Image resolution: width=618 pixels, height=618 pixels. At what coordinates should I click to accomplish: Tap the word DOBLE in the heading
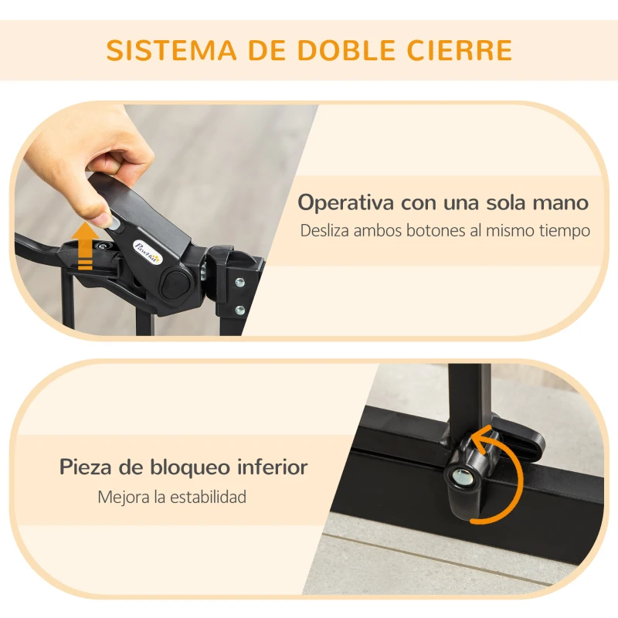[341, 50]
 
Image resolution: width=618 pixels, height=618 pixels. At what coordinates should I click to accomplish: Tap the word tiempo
[564, 230]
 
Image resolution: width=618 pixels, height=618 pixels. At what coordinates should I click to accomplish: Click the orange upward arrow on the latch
[87, 243]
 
